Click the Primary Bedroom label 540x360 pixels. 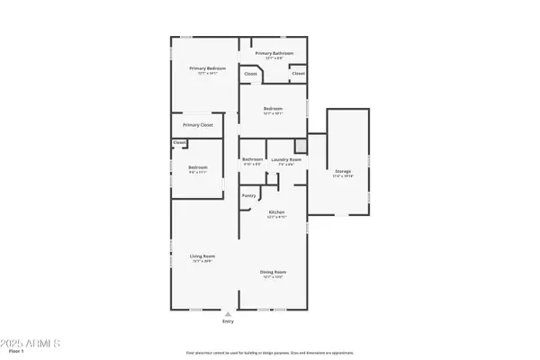tap(207, 68)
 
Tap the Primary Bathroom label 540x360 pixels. tap(274, 53)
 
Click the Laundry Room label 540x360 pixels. tap(285, 159)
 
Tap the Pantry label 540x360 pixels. tap(248, 195)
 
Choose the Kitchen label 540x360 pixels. tap(276, 212)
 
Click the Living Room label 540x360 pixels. tap(201, 256)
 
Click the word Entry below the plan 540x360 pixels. tap(228, 321)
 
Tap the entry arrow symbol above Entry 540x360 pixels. tap(228, 313)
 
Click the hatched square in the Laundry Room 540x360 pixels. tap(302, 145)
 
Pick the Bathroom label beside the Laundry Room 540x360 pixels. tap(252, 159)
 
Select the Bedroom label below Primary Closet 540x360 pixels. tap(198, 166)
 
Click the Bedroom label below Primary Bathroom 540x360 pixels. tap(274, 109)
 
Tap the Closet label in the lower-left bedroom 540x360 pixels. tap(179, 142)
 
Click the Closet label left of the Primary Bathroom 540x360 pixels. tap(250, 73)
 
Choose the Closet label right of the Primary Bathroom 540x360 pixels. tap(298, 73)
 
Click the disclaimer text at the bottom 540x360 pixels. tap(270, 353)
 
